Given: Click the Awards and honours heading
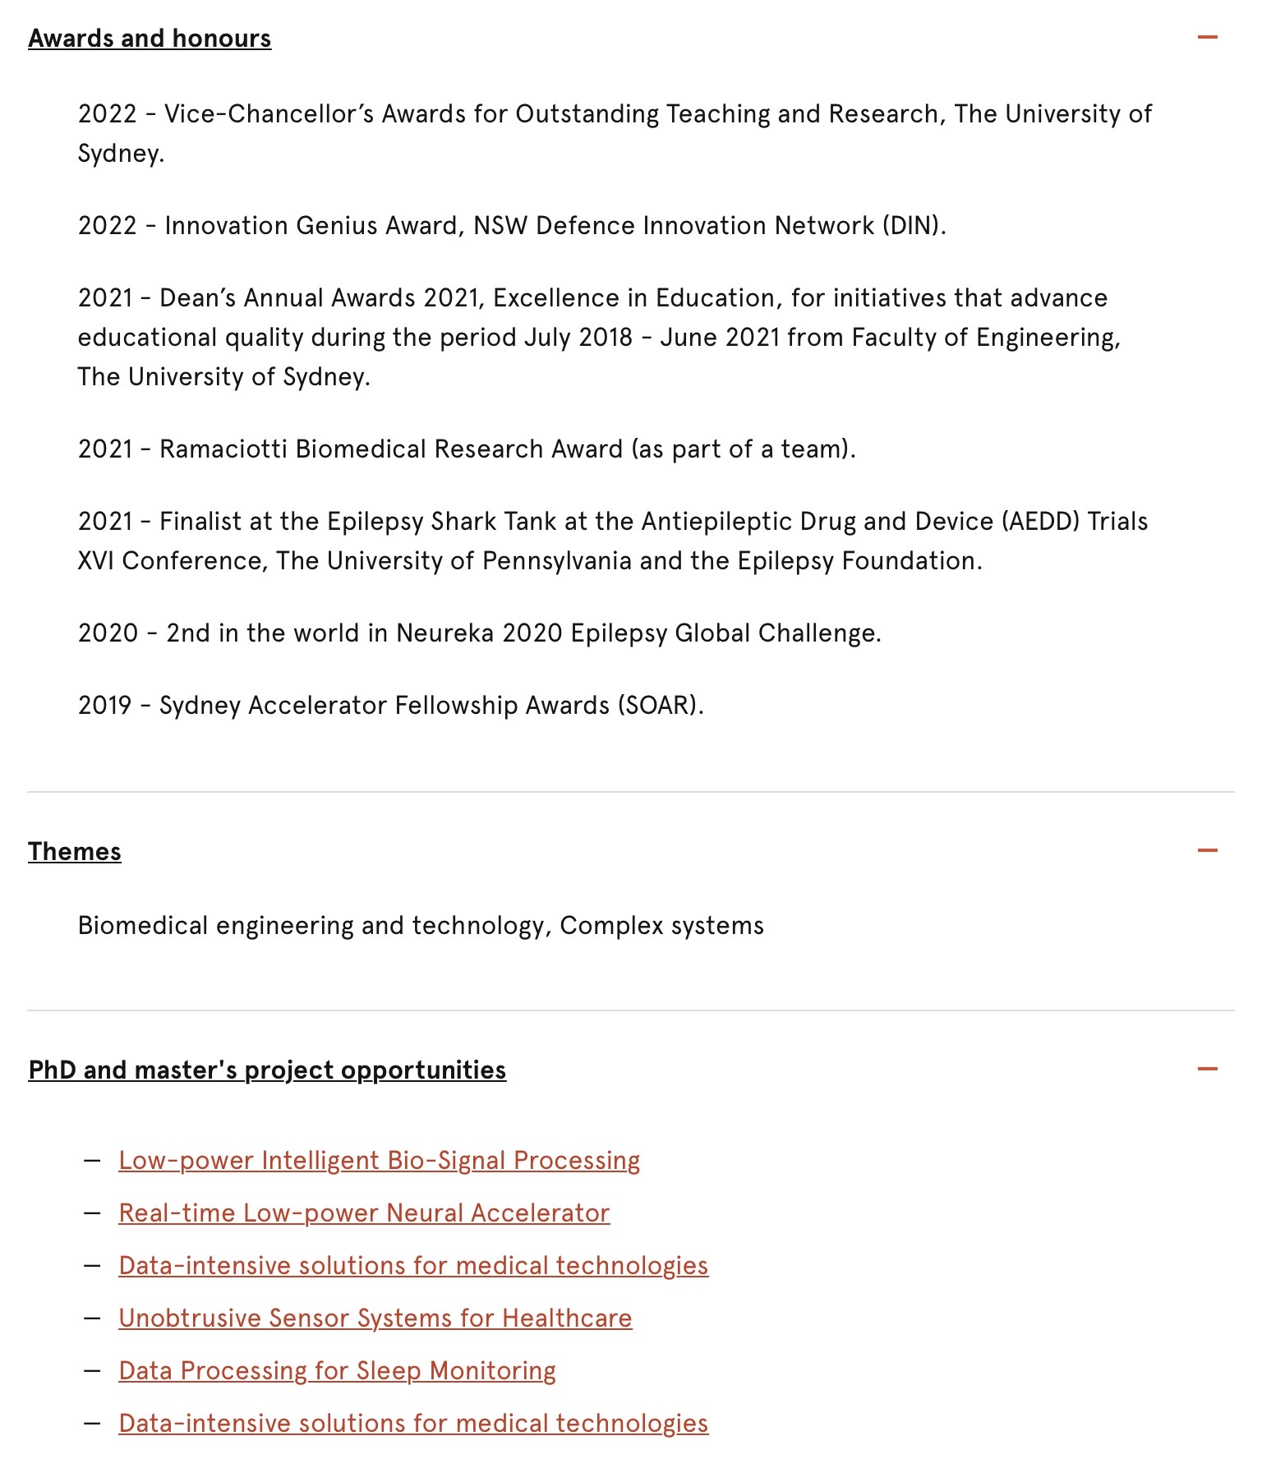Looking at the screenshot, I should point(150,39).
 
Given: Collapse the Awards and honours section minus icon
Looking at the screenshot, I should point(1207,37).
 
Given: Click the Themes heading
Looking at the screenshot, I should point(75,852).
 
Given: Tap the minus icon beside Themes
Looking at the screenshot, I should point(1207,850).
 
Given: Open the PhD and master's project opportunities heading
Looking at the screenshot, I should point(267,1070).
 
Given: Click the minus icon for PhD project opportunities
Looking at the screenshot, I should point(1207,1069).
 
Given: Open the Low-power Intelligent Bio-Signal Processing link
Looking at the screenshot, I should point(379,1161).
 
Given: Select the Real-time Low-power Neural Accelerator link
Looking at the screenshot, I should point(364,1213).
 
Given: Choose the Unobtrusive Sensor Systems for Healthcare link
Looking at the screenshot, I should point(375,1318).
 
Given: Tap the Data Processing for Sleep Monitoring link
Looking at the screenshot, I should point(337,1371).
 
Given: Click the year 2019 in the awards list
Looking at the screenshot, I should point(104,706).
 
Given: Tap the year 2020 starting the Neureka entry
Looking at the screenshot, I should point(108,633).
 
